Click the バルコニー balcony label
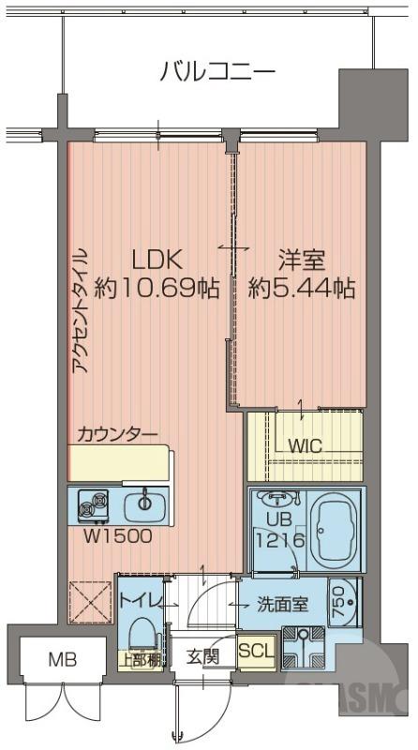pos(216,70)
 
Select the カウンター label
pos(117,433)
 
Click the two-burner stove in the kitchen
pos(95,505)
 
